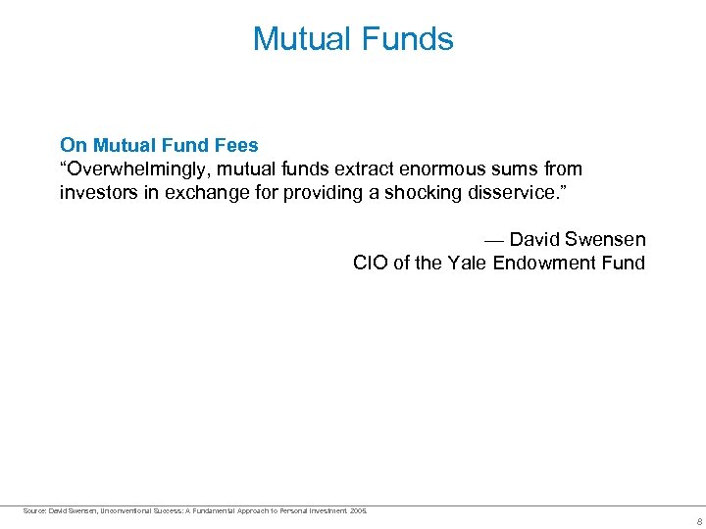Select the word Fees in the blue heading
tap(235, 146)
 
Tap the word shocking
tap(419, 193)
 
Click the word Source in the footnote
tap(33, 509)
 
